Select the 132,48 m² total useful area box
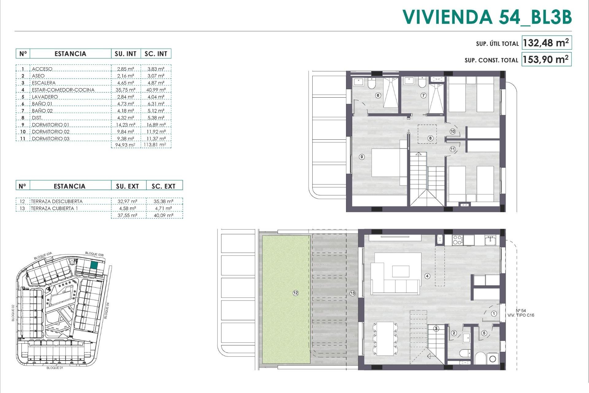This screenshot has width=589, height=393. point(546,43)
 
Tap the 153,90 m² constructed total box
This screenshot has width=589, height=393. point(546,59)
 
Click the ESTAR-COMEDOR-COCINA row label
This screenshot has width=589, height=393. point(63,90)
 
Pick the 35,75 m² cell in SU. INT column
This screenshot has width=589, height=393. point(126,90)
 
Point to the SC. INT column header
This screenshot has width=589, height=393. point(156,54)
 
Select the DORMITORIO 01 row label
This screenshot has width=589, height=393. point(51,125)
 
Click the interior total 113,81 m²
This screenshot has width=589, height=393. point(155,145)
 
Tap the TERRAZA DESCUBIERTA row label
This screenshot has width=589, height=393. point(57,201)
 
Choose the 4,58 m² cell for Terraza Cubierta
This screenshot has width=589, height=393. point(127,208)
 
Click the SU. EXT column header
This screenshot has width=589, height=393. point(127,186)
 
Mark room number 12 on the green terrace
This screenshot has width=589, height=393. point(295,293)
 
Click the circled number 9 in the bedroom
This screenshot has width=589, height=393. point(362,157)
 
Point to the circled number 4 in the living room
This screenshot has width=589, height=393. point(427,276)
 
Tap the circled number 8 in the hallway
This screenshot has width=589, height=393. point(430,138)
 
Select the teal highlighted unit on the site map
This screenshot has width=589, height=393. point(94,266)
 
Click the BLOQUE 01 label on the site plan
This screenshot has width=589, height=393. point(55,368)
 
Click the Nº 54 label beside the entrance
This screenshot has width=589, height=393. point(521,310)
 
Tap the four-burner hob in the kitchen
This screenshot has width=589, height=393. point(457,240)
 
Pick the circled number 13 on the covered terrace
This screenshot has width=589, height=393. point(352,293)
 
